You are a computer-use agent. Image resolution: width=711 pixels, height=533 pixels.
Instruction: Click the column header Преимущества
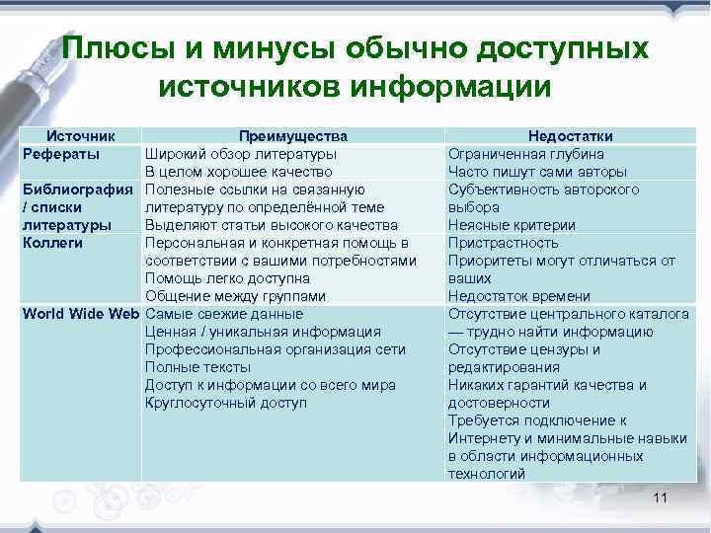click(x=292, y=136)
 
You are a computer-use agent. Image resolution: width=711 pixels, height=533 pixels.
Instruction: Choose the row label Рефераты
click(x=60, y=154)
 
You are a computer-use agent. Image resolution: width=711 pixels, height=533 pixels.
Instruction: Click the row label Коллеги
click(x=53, y=243)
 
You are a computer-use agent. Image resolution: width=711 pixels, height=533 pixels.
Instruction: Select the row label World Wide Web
click(x=81, y=314)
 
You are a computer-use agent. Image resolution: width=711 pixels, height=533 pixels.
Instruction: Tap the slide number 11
click(x=661, y=498)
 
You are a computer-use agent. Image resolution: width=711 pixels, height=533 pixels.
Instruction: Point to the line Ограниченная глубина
click(x=526, y=154)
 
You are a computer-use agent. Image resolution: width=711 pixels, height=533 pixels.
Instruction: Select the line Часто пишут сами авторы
click(x=537, y=172)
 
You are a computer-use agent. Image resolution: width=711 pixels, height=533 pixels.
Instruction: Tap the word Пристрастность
click(x=503, y=243)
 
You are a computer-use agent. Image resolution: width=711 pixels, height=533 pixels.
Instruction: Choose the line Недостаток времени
click(x=519, y=296)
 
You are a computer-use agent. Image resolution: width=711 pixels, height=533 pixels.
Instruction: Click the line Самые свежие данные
click(x=224, y=314)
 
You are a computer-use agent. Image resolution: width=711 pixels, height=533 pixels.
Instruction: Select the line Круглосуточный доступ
click(x=226, y=403)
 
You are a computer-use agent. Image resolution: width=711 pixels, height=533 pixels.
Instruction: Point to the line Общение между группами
click(x=235, y=296)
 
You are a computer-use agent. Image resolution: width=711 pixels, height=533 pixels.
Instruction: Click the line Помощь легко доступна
click(x=228, y=278)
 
